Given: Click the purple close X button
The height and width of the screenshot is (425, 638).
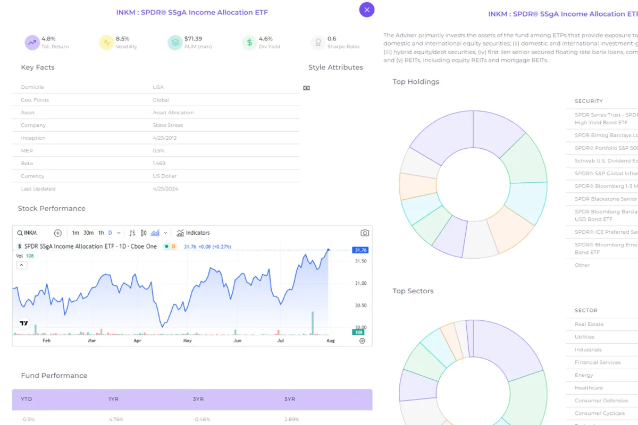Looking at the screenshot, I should click(x=367, y=9).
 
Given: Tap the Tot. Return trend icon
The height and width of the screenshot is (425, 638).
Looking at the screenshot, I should click(x=32, y=42).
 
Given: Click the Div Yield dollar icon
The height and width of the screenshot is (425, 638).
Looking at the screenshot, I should click(x=249, y=42).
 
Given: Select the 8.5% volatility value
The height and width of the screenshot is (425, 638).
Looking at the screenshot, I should click(x=122, y=39).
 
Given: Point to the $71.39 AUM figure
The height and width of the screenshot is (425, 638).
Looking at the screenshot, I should click(x=193, y=39).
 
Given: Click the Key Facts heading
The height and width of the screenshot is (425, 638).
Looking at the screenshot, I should click(x=38, y=67).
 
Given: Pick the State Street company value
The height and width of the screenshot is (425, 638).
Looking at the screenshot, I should click(x=167, y=125).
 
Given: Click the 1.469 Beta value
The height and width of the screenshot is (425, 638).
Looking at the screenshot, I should click(x=158, y=164).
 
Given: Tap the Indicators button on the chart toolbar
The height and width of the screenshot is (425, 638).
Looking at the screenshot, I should click(x=194, y=233).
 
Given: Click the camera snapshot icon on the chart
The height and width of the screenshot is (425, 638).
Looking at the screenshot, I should click(x=365, y=233).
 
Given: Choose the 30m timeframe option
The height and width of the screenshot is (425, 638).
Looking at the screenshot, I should click(x=88, y=233).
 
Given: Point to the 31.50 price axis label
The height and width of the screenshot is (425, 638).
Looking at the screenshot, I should click(x=360, y=261).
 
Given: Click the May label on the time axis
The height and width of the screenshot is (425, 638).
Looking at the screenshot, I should click(x=187, y=341).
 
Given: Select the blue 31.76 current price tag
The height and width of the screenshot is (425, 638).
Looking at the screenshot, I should click(x=360, y=250).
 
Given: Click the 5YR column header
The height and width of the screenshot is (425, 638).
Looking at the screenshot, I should click(x=290, y=399).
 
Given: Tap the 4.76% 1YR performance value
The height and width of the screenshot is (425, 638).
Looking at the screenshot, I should click(x=116, y=419).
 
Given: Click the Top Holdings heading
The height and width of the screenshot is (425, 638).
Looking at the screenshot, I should click(x=416, y=82).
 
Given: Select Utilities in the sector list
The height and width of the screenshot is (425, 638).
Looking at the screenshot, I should click(x=584, y=337).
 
